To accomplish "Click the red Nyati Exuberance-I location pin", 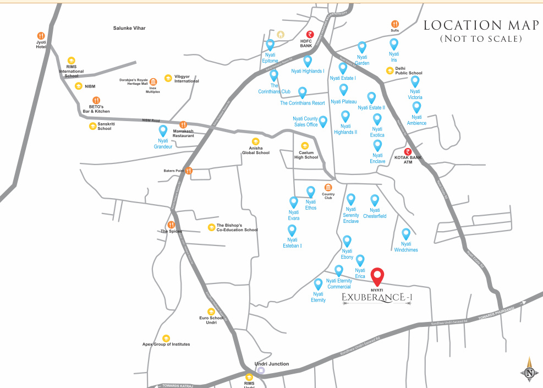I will tap(377, 276).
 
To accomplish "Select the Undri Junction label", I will tap(272, 364).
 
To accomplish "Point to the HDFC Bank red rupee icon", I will tap(310, 34).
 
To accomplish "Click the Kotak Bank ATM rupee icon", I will tap(408, 152).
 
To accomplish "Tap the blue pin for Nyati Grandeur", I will tap(163, 131).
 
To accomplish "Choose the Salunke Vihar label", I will tap(129, 28).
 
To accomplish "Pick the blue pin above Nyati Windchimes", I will tap(406, 234).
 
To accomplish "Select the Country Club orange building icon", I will tap(328, 187).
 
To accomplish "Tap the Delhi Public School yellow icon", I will tap(389, 70).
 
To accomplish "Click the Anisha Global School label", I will tap(256, 150).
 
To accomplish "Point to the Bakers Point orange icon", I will tap(189, 171).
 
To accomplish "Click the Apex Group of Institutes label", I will tap(166, 345).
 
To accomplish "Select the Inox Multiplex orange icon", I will tap(153, 82).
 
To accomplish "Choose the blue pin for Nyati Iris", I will tap(394, 44).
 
